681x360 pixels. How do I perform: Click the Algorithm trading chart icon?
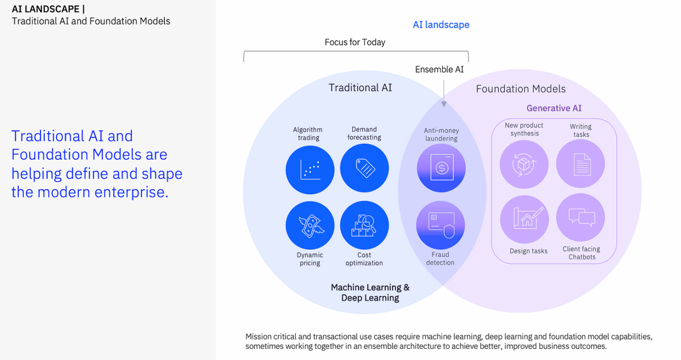point(310,170)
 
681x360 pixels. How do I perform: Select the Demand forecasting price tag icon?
point(364,168)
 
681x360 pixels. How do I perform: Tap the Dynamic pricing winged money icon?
point(310,225)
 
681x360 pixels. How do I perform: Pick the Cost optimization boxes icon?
point(364,225)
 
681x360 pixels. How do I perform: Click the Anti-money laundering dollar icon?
point(441,168)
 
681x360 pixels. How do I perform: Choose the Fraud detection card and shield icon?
point(441,225)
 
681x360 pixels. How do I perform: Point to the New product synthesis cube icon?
point(524,164)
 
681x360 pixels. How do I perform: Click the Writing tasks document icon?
point(580,164)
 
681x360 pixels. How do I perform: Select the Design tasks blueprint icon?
point(525,219)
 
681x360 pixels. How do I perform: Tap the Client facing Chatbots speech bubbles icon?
point(580,217)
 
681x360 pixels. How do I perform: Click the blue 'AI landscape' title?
point(441,24)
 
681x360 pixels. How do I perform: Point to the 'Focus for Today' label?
point(355,42)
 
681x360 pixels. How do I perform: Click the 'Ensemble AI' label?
point(439,70)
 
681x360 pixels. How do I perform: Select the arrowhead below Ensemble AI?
point(444,104)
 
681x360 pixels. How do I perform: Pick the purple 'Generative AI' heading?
point(554,108)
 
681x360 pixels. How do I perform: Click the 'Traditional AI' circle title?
point(360,88)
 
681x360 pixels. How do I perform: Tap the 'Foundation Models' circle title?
point(520,89)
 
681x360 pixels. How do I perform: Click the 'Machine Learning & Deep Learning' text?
point(370,292)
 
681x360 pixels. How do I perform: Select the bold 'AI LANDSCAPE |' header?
point(48,9)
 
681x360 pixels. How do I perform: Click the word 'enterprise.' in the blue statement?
point(131,192)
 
